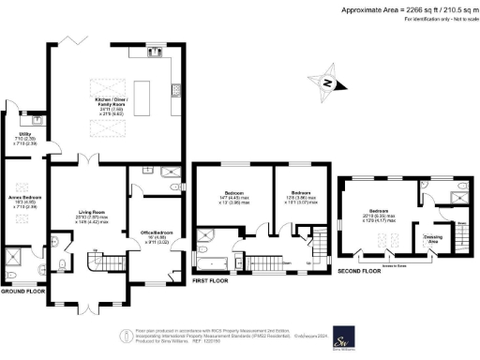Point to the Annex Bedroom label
(x=21, y=200)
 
